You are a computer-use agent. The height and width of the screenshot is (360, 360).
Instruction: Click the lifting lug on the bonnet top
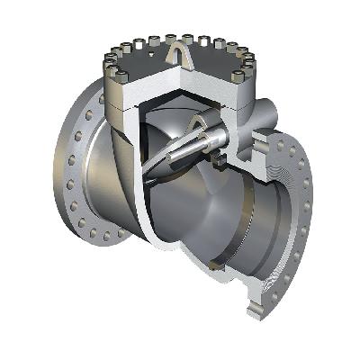[177, 58]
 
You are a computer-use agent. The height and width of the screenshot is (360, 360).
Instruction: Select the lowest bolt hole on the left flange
[107, 237]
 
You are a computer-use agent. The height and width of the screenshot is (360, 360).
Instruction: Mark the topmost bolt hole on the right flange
[286, 142]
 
